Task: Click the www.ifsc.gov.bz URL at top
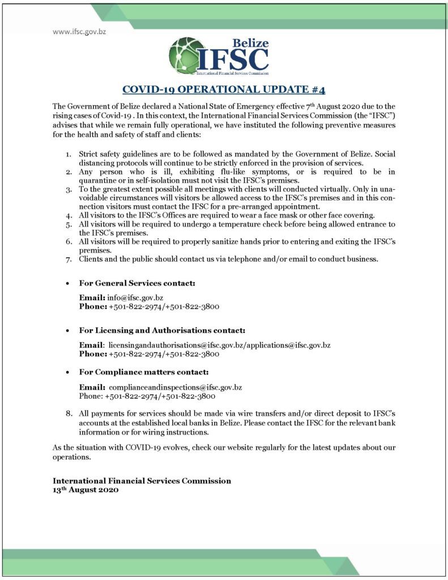(x=79, y=32)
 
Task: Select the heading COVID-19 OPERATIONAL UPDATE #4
(x=224, y=89)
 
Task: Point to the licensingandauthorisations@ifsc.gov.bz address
(x=167, y=345)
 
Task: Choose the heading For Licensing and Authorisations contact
(x=162, y=330)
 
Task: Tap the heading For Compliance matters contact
(x=144, y=372)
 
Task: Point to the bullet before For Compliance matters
(x=68, y=373)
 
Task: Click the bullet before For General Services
(x=68, y=283)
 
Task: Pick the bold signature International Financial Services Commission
(x=142, y=481)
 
